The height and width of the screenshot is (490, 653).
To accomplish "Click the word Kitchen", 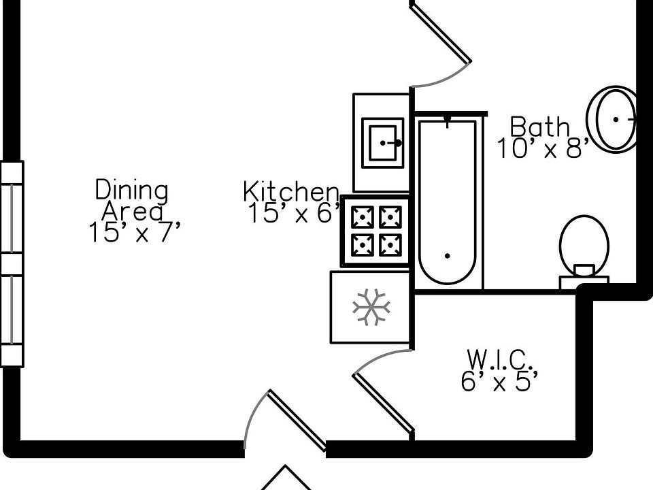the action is coord(291,192).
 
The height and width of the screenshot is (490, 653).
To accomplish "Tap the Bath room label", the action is coord(539,127).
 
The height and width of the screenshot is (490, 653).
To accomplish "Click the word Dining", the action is coord(132,190).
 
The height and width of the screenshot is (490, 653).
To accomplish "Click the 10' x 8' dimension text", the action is coord(543,148).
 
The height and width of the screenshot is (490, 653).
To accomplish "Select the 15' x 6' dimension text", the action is coord(295,213).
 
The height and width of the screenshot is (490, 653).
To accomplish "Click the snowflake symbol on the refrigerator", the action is coord(371,307).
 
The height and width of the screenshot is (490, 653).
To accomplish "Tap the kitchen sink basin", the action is coord(383,143).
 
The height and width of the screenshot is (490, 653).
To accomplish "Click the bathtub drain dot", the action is coord(448,256).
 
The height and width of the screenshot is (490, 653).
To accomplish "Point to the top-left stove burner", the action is coord(363,218).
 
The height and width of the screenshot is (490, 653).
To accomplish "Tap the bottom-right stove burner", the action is coord(390,245).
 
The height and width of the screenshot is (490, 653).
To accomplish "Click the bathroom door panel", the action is coord(441,32).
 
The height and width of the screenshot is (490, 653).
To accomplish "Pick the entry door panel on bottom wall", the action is coord(296,421).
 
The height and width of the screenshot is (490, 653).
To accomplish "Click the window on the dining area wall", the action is coord(12,264).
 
